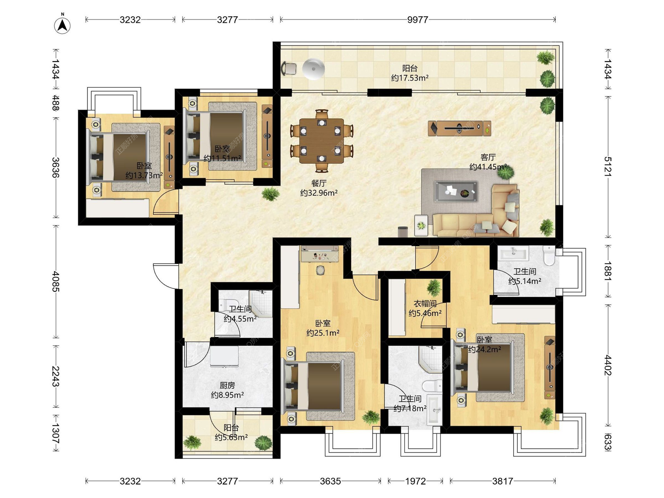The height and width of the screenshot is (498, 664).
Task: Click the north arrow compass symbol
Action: pyautogui.click(x=62, y=25)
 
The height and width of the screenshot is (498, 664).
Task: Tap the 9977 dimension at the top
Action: pyautogui.click(x=417, y=20)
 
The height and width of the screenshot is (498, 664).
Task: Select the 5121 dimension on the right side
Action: pyautogui.click(x=608, y=167)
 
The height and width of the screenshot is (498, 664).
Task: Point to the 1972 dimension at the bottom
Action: pyautogui.click(x=415, y=481)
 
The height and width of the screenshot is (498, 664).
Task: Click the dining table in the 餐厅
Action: pyautogui.click(x=322, y=141)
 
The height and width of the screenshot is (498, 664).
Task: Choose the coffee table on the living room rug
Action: pyautogui.click(x=456, y=191)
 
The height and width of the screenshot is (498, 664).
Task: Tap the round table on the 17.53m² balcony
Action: pyautogui.click(x=313, y=69)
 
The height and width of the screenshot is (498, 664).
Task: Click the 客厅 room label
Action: pyautogui.click(x=488, y=157)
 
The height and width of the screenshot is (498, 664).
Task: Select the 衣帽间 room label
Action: pyautogui.click(x=425, y=304)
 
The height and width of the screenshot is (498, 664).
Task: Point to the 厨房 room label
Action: pyautogui.click(x=227, y=385)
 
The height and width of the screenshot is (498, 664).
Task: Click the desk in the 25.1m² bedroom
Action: pyautogui.click(x=320, y=254)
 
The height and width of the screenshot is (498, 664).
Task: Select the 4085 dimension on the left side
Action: pyautogui.click(x=56, y=282)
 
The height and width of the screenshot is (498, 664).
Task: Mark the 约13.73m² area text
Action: pyautogui.click(x=144, y=175)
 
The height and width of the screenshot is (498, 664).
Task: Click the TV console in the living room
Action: pyautogui.click(x=459, y=128)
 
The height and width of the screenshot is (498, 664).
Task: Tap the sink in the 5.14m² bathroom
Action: pyautogui.click(x=513, y=253)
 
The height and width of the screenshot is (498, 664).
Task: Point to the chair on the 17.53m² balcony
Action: pyautogui.click(x=289, y=68)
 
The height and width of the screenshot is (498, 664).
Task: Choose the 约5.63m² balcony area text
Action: pyautogui.click(x=231, y=437)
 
